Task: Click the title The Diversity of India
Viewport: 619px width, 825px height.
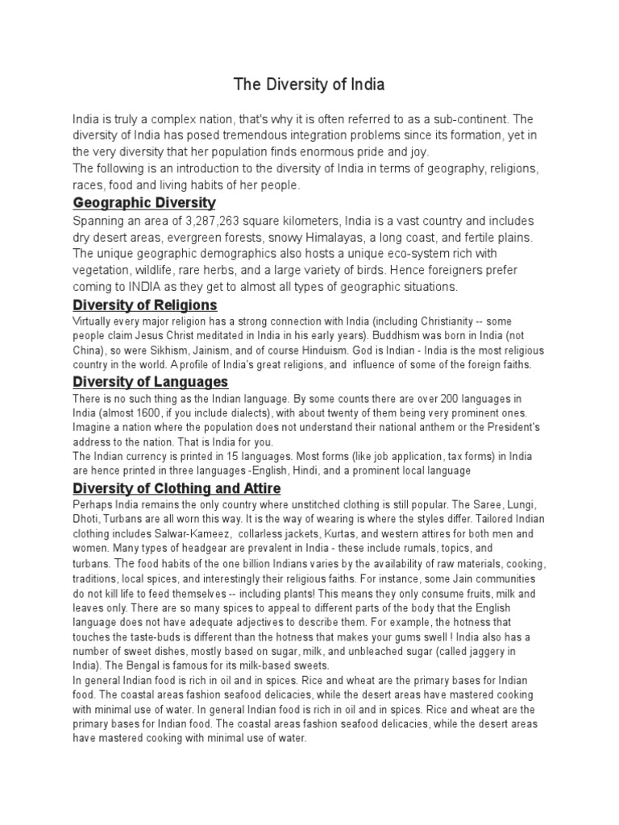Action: (309, 84)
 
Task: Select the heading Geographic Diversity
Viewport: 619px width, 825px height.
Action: (144, 201)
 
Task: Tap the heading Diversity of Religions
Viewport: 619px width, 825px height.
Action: (145, 305)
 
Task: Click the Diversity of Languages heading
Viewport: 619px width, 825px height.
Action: (151, 381)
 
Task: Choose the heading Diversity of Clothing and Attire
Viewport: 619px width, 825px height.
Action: (177, 488)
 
